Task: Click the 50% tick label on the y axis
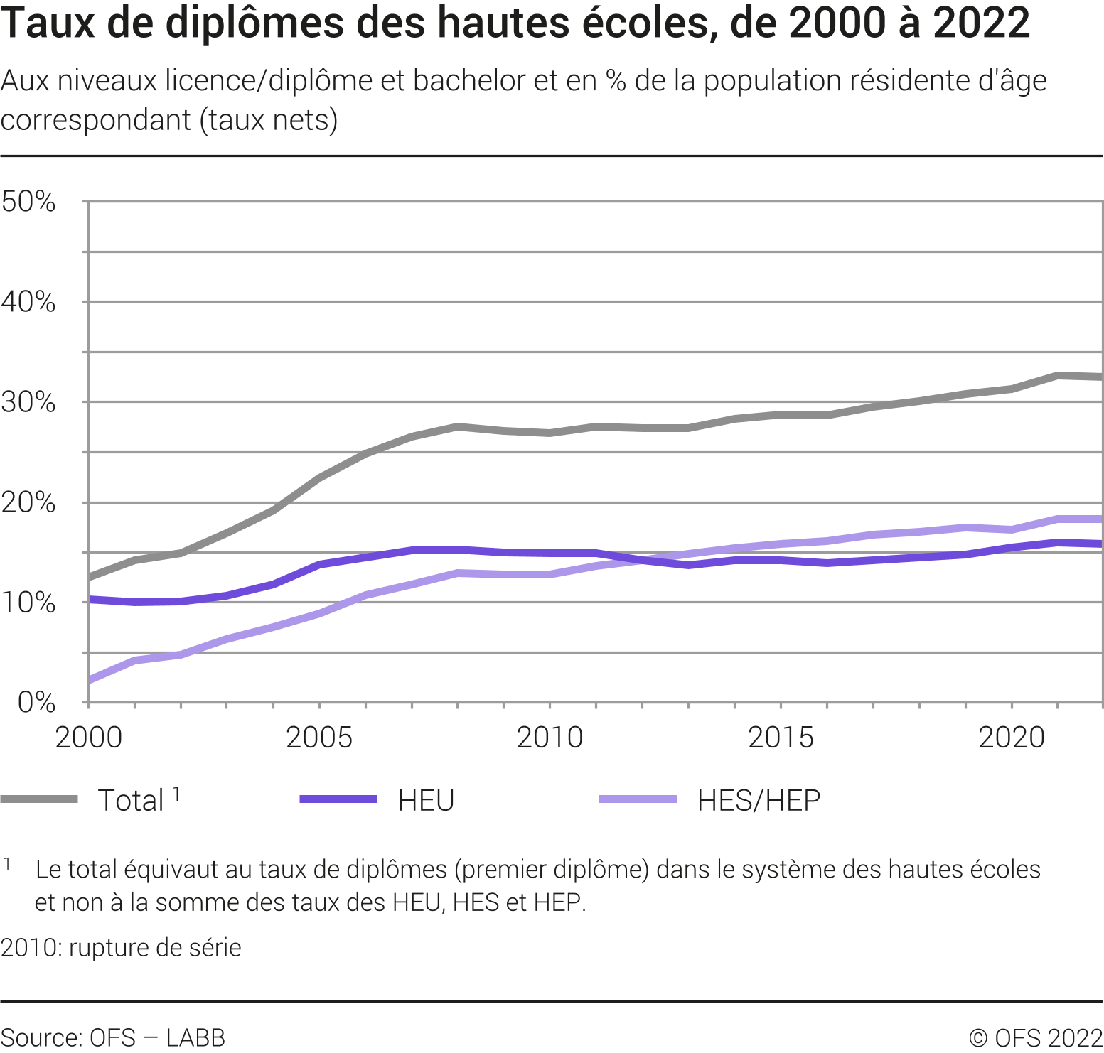pyautogui.click(x=28, y=202)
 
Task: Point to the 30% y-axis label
pyautogui.click(x=28, y=403)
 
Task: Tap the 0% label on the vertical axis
pyautogui.click(x=36, y=703)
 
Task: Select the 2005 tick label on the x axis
pyautogui.click(x=319, y=738)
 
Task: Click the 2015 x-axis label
pyautogui.click(x=781, y=738)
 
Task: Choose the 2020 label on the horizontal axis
pyautogui.click(x=1012, y=738)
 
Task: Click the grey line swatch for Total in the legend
pyautogui.click(x=40, y=799)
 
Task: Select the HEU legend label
pyautogui.click(x=426, y=801)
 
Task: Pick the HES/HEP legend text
pyautogui.click(x=759, y=801)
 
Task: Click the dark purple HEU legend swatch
pyautogui.click(x=338, y=799)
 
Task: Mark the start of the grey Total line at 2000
pyautogui.click(x=90, y=576)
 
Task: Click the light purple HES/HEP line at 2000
pyautogui.click(x=90, y=680)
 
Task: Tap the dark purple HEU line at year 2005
pyautogui.click(x=320, y=564)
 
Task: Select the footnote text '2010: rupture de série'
pyautogui.click(x=121, y=948)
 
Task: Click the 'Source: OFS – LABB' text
pyautogui.click(x=113, y=1038)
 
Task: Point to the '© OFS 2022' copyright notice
pyautogui.click(x=1036, y=1038)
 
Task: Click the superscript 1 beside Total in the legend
pyautogui.click(x=176, y=794)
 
